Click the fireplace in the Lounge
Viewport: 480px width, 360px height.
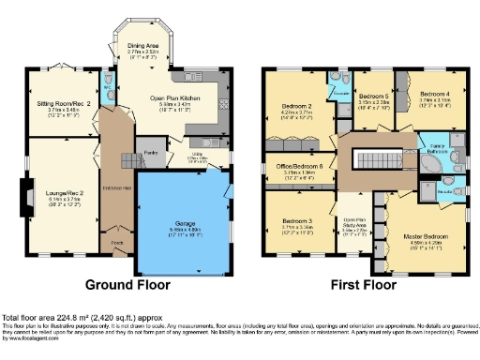tap(22, 193)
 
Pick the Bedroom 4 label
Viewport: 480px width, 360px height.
tap(433, 95)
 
